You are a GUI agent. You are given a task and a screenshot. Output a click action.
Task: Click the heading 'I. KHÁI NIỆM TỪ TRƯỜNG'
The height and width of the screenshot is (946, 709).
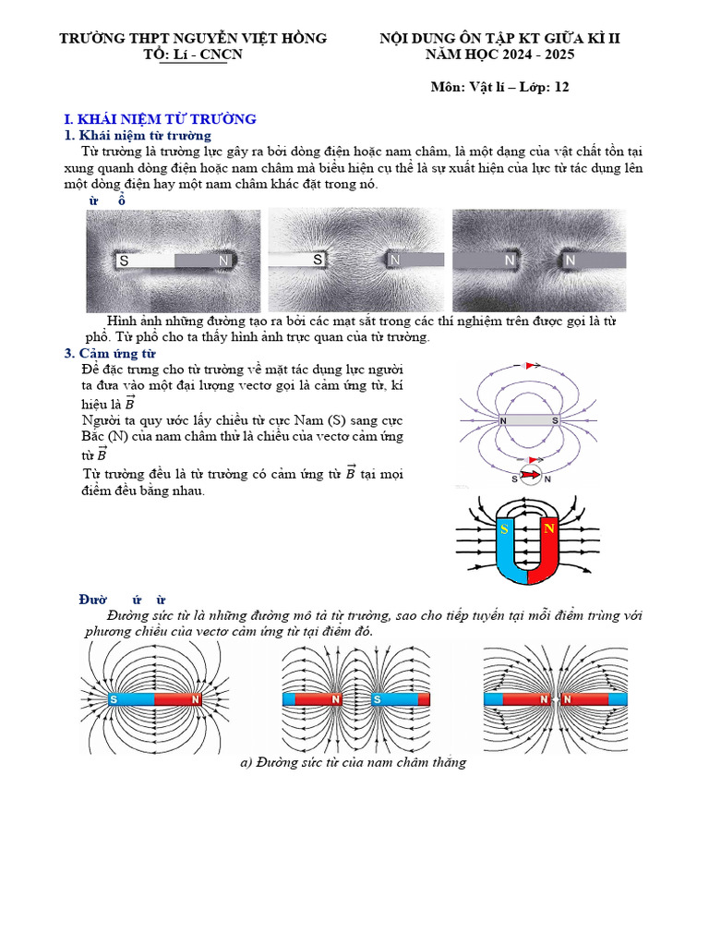point(160,119)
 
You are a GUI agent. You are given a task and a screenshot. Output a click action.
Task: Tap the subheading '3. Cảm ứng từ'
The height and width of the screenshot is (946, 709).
point(110,354)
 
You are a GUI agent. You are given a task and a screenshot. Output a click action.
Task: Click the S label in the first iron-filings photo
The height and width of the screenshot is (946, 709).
point(124,261)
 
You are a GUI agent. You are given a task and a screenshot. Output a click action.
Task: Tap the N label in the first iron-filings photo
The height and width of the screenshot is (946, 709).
point(223,261)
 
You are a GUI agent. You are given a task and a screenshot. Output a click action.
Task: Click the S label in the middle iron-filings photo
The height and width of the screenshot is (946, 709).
point(318,261)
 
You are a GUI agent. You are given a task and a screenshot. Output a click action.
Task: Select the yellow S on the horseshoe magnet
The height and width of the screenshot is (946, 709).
point(504,529)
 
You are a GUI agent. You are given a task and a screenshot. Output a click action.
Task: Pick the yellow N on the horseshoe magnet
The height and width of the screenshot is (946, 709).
point(547,529)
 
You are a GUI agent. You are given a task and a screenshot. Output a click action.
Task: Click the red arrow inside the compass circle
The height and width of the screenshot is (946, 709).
point(531,477)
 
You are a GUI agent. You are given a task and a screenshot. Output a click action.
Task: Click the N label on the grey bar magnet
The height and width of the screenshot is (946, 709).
point(503,421)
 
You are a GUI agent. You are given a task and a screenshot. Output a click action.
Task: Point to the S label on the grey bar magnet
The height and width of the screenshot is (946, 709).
point(555,421)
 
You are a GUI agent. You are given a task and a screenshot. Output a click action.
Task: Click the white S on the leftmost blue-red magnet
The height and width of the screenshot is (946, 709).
point(114,699)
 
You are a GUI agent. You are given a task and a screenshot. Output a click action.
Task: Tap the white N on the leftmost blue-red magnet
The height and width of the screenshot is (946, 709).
point(196,699)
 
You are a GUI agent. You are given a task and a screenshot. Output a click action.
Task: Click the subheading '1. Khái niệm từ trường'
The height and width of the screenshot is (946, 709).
point(138,136)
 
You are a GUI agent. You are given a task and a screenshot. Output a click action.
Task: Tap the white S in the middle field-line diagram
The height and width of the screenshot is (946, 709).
point(377,699)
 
